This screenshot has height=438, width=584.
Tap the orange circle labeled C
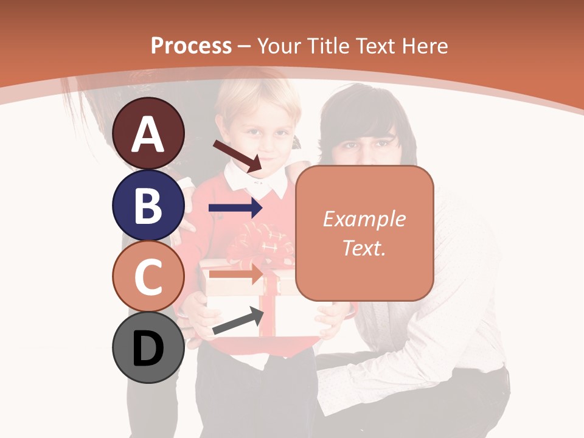[x=148, y=276]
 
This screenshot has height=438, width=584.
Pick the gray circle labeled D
[x=148, y=347]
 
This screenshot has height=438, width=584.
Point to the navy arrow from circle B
[x=235, y=208]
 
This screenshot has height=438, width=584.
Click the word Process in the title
[x=191, y=46]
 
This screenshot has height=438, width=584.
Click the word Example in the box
[x=364, y=219]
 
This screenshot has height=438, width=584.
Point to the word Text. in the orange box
[x=364, y=248]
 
